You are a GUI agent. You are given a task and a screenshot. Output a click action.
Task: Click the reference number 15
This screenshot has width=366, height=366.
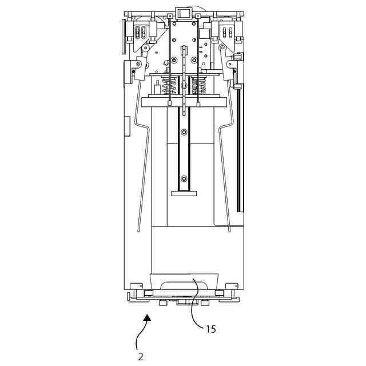point(211,329)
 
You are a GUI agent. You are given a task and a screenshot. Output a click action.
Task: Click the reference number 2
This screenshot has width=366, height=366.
point(141,356)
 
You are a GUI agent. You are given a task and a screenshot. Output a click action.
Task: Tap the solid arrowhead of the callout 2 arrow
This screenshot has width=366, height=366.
point(148,317)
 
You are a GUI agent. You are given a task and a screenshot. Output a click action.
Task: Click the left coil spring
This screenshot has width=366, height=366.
point(170,86)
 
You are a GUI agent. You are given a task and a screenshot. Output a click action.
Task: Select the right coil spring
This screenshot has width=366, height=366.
point(199,86)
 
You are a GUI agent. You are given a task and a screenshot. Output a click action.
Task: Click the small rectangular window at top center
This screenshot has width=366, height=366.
point(183,13)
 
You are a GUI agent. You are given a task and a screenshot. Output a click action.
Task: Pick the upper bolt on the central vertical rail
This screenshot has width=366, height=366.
point(184,132)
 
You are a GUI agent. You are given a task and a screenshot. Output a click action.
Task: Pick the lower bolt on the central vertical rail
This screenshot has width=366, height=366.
point(184,178)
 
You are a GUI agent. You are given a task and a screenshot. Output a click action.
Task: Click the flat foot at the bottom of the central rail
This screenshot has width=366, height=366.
point(184,193)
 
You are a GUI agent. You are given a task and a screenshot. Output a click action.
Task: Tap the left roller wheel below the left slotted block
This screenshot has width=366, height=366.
point(146,48)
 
